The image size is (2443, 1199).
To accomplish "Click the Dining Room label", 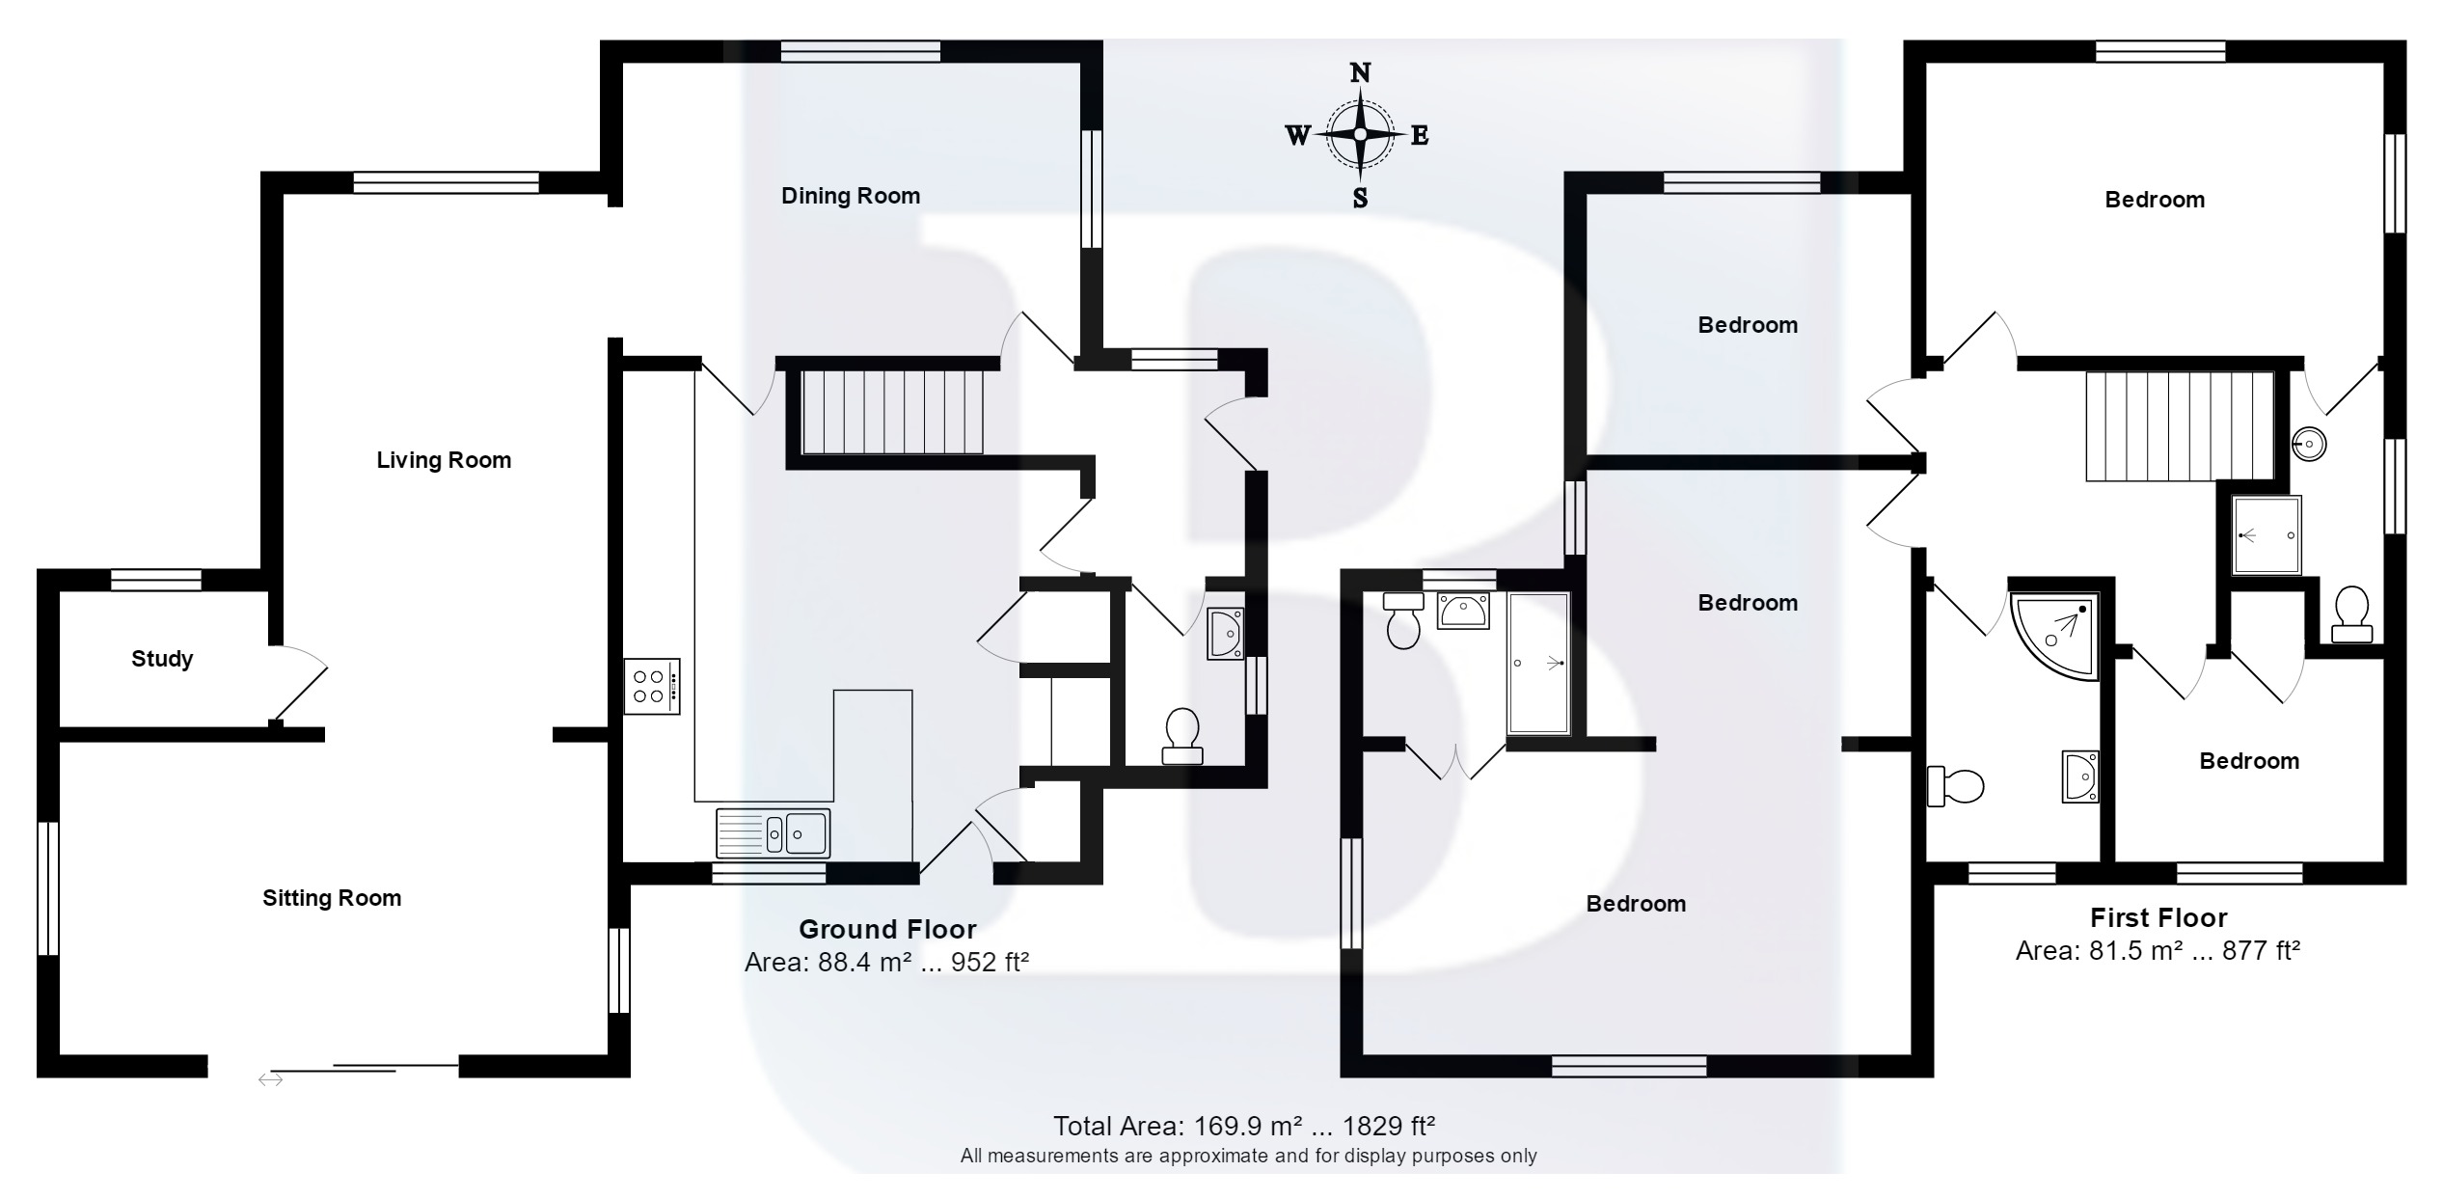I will coord(850,196).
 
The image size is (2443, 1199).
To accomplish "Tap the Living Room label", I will coord(444,460).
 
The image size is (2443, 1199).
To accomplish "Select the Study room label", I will coord(162,659).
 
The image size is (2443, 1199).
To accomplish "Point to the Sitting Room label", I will coord(332,898).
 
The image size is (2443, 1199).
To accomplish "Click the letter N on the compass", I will coord(1360,72).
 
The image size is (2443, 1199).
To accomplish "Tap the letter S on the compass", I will coord(1360,199).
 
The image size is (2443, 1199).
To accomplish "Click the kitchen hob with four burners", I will coord(652,686).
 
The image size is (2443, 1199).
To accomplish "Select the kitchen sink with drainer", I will coord(773,832).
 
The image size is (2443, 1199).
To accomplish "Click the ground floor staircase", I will coord(892,413).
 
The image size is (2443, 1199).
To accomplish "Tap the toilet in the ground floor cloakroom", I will coord(1182,735).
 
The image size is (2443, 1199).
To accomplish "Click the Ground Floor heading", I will coord(887,929).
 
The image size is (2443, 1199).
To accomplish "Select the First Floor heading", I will coord(2158,917).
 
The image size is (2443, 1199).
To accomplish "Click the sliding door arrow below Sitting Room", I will coord(271,1079).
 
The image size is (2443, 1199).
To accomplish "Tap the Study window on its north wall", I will coord(156,580).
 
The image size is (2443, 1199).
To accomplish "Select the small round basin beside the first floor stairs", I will coord(2311,444).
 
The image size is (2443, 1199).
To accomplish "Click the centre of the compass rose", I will coord(1360,135).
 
